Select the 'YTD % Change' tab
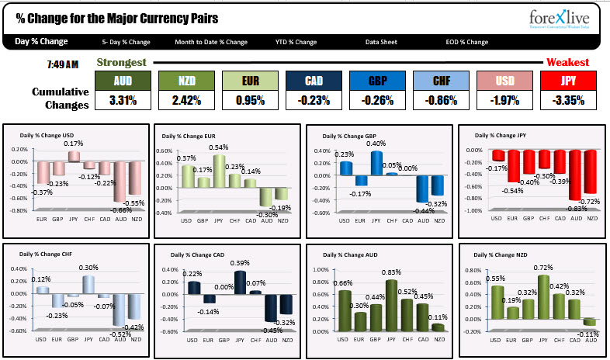(x=296, y=42)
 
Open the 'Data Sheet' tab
(x=383, y=42)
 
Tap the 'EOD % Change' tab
(x=467, y=42)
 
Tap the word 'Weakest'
(x=567, y=62)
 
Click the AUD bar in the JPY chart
(x=574, y=175)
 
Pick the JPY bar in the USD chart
(x=74, y=156)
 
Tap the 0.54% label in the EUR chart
(x=220, y=147)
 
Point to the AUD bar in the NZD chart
(x=591, y=321)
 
